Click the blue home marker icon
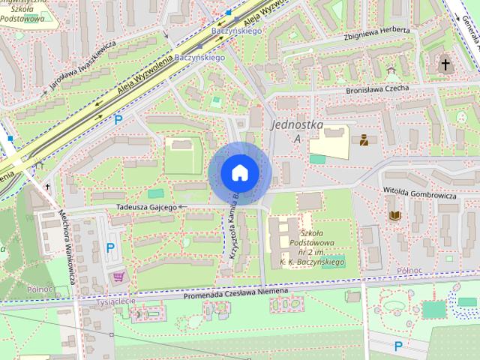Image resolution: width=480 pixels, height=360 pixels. tap(239, 172)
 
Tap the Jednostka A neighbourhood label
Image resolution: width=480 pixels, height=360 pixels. tap(297, 130)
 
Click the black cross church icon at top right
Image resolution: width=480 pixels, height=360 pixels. tap(445, 65)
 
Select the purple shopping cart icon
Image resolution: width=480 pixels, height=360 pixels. tap(118, 277)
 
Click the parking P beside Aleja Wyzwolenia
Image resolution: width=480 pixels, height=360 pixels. tap(118, 118)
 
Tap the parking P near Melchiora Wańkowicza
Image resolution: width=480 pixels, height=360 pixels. tap(110, 247)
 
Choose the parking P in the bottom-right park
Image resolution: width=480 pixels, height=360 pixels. tap(398, 346)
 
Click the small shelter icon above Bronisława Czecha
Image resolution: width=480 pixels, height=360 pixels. tap(389, 73)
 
